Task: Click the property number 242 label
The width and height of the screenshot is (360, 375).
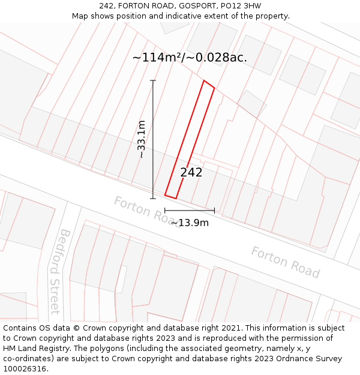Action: pyautogui.click(x=191, y=173)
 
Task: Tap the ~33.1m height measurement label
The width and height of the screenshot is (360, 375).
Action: pyautogui.click(x=142, y=139)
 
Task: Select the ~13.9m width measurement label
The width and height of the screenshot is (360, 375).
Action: pyautogui.click(x=190, y=223)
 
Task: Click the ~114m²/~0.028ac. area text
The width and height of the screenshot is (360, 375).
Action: pyautogui.click(x=190, y=58)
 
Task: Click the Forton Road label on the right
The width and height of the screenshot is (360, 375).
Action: pyautogui.click(x=285, y=262)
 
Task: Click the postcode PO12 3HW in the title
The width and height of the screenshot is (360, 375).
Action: pyautogui.click(x=239, y=6)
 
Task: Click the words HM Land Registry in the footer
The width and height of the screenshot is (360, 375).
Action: pyautogui.click(x=35, y=349)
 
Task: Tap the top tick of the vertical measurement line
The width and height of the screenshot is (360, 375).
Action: pyautogui.click(x=153, y=80)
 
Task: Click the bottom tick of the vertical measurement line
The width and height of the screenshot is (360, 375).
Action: pyautogui.click(x=153, y=198)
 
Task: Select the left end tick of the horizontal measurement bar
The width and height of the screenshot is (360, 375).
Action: pyautogui.click(x=165, y=211)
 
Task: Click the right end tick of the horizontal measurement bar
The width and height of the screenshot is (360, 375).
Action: pyautogui.click(x=214, y=211)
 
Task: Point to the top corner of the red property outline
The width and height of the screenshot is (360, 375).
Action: pyautogui.click(x=205, y=81)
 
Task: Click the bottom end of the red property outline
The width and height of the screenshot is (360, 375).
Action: pyautogui.click(x=170, y=196)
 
